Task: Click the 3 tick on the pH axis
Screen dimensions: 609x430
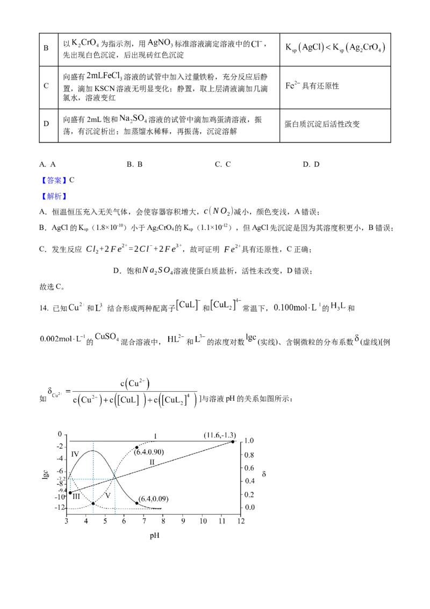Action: point(67,521)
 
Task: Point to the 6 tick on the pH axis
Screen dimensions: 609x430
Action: point(125,521)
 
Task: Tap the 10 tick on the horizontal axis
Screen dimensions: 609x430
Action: point(203,521)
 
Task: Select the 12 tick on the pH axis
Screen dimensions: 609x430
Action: point(241,521)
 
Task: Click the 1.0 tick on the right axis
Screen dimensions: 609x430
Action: point(248,441)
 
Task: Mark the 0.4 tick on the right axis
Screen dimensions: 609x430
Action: point(248,481)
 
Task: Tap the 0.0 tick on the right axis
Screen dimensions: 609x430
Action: point(248,507)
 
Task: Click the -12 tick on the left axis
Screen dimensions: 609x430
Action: point(60,508)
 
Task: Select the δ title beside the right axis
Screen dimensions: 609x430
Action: point(263,473)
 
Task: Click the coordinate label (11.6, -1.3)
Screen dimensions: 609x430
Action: point(219,435)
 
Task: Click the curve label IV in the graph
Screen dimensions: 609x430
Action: point(152,461)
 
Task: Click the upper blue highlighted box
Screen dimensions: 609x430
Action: point(54,180)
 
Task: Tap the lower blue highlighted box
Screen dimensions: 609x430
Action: point(54,196)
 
